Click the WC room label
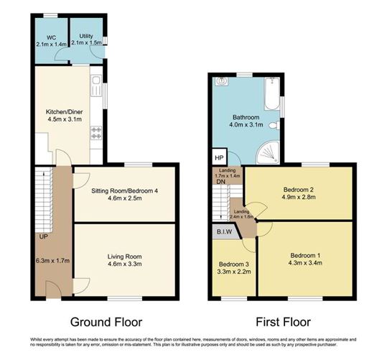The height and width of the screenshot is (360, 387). [50, 36]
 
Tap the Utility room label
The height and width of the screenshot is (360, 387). [86, 36]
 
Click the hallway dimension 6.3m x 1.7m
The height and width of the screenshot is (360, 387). [51, 262]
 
